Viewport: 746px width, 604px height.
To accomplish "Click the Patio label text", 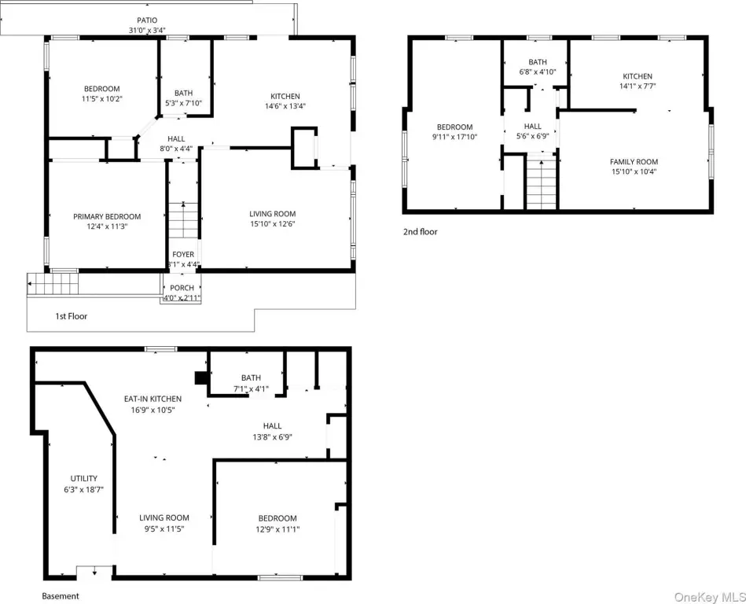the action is (147, 20).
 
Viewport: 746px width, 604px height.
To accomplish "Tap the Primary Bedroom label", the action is (107, 216).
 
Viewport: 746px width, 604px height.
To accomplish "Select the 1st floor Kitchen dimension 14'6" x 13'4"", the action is (285, 106).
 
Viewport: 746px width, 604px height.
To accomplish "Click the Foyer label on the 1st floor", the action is (183, 254).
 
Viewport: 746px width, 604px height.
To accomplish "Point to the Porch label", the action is (182, 288).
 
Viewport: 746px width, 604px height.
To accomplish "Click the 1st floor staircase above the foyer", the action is (183, 220).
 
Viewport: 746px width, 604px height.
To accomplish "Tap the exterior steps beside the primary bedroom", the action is (53, 284).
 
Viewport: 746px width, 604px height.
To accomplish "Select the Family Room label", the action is (634, 162).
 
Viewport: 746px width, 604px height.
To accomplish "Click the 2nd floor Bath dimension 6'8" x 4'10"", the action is (538, 72).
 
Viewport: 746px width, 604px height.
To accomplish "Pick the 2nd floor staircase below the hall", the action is (541, 183).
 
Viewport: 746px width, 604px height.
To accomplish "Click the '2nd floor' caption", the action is (420, 232).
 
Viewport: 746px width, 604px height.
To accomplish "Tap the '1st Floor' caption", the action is (72, 316).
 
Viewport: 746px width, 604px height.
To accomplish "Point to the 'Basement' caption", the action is (61, 596).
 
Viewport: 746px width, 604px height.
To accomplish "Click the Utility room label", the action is (84, 478).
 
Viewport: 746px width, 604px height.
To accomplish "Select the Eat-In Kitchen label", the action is (153, 399).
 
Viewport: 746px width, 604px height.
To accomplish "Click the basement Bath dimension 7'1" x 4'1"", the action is (251, 389).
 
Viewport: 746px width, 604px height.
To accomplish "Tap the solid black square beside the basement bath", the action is (200, 377).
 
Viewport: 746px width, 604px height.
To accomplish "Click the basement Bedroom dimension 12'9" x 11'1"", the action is (277, 528).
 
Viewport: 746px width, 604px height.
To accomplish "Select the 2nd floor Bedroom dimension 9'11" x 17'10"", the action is (454, 137).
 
